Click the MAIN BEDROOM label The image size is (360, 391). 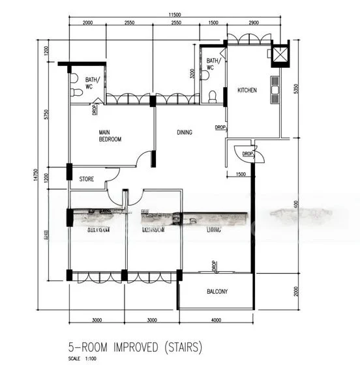coord(110,136)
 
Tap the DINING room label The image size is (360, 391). coord(185,133)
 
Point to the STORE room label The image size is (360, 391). coord(87,179)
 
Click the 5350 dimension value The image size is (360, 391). coord(296,88)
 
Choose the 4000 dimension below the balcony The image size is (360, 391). coord(215,321)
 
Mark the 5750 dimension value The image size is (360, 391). coord(46,114)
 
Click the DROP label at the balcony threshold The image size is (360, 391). coord(214,265)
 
